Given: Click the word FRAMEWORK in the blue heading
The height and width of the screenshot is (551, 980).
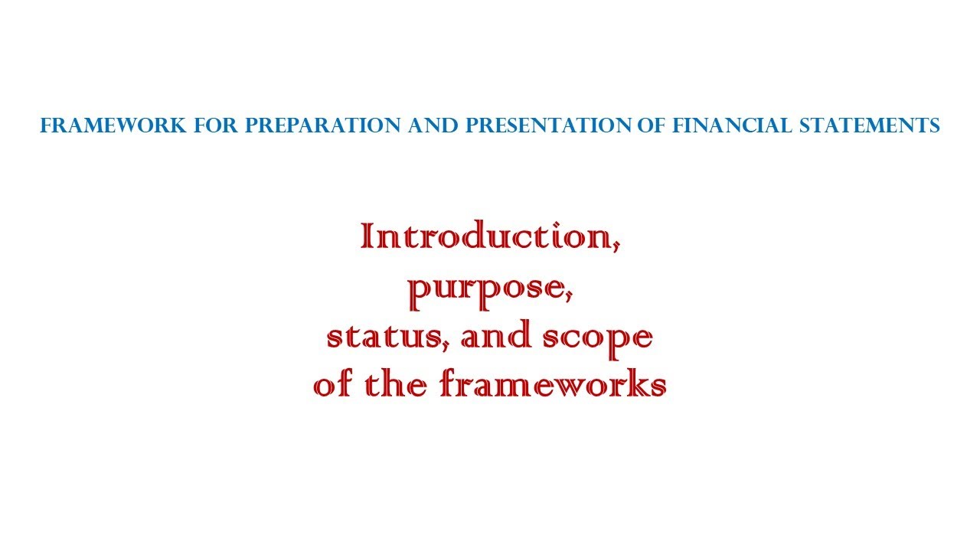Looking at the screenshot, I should (113, 126).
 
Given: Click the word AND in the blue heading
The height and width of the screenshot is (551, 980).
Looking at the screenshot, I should (431, 126).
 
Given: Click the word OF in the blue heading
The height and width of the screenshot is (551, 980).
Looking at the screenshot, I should (652, 126).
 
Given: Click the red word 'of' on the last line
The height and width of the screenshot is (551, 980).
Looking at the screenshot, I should (335, 385).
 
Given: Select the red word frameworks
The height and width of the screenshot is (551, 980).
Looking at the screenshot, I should (553, 385).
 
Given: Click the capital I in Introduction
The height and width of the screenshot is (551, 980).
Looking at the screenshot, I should (367, 236).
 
